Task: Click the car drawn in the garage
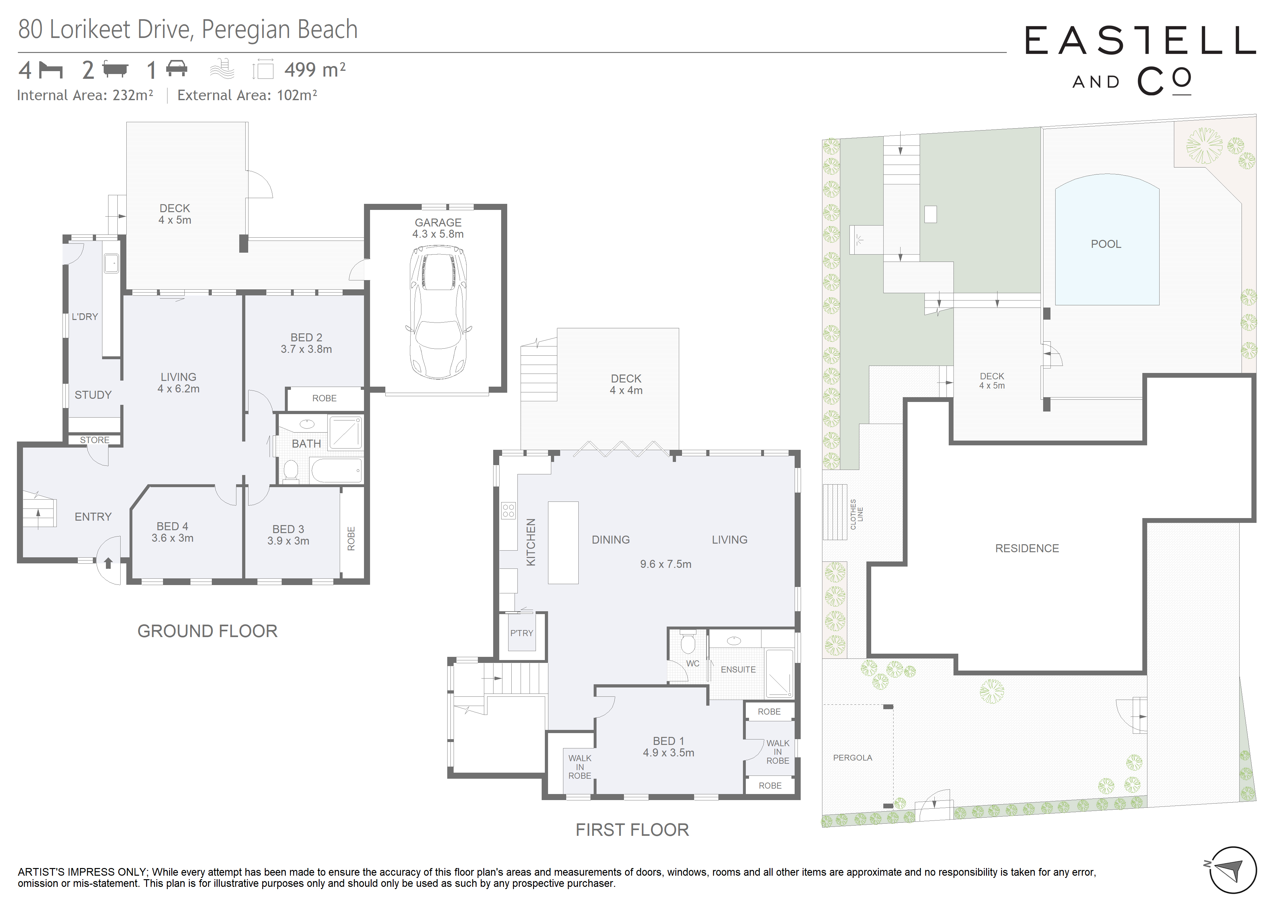[x=438, y=312]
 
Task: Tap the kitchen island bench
[x=563, y=542]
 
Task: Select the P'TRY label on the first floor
[x=522, y=633]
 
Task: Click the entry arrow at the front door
[x=108, y=563]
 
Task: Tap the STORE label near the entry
[x=95, y=440]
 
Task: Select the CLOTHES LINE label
[x=857, y=514]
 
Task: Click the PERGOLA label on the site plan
[x=853, y=758]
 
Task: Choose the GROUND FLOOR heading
[x=207, y=631]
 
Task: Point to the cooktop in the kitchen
[x=508, y=510]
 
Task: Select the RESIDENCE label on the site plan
[x=1027, y=548]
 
